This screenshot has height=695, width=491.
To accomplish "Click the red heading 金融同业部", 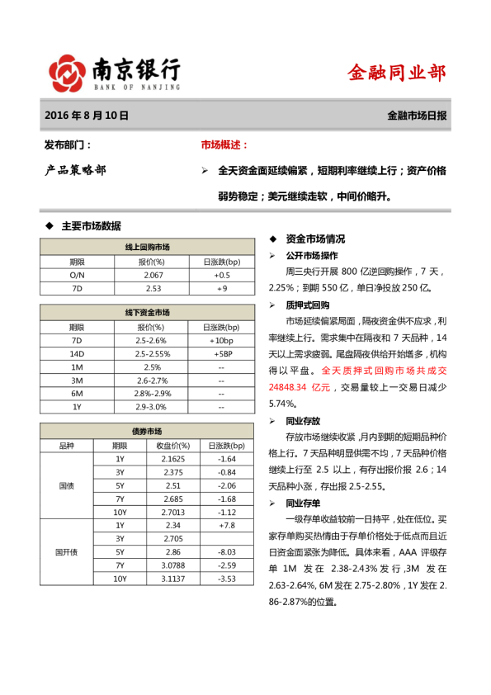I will click(x=397, y=73).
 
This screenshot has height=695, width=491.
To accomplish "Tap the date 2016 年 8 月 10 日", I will click(x=87, y=116).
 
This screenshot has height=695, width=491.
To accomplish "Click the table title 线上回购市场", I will click(x=148, y=247).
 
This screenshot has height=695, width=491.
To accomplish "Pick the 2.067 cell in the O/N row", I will click(x=153, y=274).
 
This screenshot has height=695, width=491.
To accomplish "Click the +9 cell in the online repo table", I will click(x=221, y=288).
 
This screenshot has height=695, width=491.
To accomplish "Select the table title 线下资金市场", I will click(x=148, y=313).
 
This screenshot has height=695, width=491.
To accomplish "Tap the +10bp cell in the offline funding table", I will click(x=221, y=340).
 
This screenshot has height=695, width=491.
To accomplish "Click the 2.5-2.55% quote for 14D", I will click(x=153, y=353).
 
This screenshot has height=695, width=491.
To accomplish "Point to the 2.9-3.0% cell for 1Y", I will click(x=153, y=407).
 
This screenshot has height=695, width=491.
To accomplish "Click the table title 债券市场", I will click(x=148, y=432).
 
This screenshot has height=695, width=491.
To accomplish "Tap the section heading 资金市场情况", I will click(x=316, y=239).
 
